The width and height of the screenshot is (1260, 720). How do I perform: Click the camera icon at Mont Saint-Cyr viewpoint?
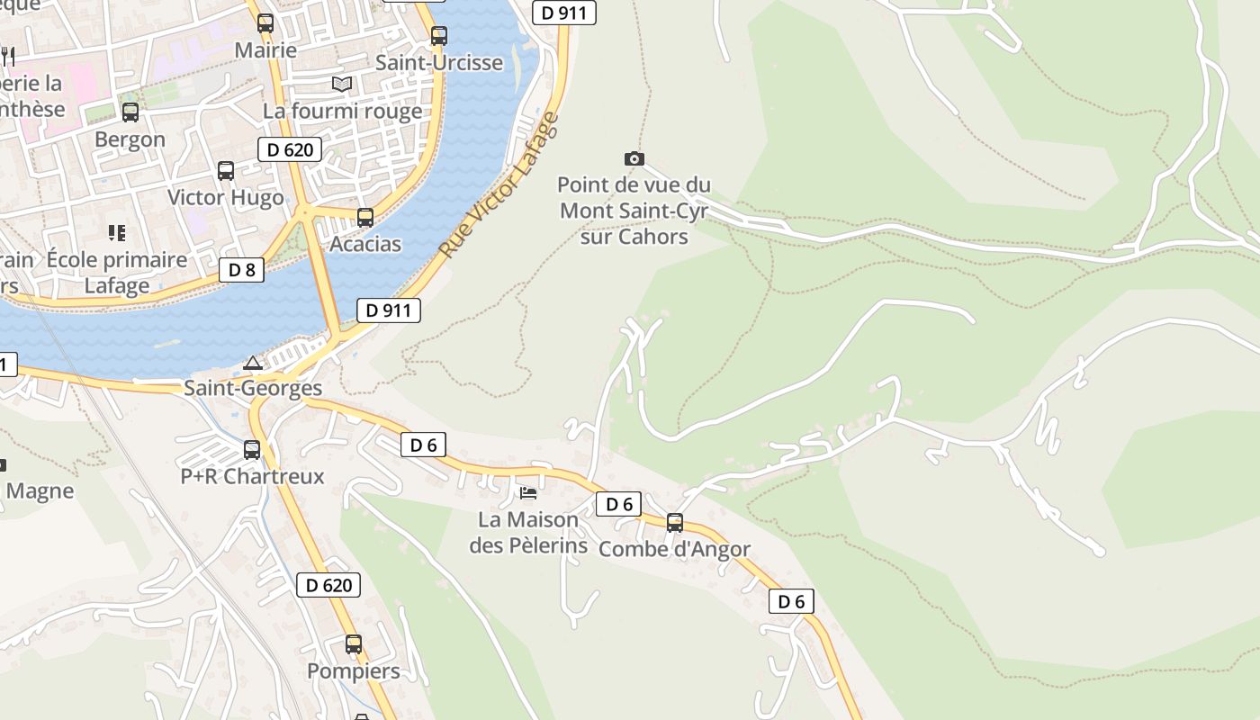coord(634,159)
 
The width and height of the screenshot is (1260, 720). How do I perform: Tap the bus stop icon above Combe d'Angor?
coord(674,522)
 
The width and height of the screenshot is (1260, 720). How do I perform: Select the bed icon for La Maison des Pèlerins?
coord(528,492)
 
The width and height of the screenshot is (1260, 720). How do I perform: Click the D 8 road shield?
coord(241,269)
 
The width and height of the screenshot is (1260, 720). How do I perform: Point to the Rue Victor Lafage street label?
coord(499,184)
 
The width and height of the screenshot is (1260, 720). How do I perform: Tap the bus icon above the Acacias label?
coord(364,217)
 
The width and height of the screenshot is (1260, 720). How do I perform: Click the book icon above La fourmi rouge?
coord(341,85)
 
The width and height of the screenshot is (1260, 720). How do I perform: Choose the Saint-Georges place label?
coord(253,388)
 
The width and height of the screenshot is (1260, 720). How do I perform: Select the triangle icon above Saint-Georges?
coord(253,363)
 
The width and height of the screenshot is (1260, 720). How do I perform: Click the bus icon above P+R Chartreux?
coord(252,449)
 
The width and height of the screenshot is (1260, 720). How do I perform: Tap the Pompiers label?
coord(354,671)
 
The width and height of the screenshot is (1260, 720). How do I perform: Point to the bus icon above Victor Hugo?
coord(226,170)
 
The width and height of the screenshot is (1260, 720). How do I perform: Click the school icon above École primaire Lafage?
coord(116,233)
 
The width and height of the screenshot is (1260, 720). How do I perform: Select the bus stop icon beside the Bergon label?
coord(130,112)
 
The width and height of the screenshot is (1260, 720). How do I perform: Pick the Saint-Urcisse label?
coord(439,63)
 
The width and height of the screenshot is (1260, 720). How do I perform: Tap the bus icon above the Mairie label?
coord(265,23)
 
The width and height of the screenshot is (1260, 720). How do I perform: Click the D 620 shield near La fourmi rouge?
coord(290,149)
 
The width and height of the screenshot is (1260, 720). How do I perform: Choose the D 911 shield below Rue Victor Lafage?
coord(389,311)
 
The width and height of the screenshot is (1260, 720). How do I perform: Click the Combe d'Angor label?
coord(674,549)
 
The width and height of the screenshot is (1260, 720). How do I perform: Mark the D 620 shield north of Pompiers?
coord(328,585)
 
